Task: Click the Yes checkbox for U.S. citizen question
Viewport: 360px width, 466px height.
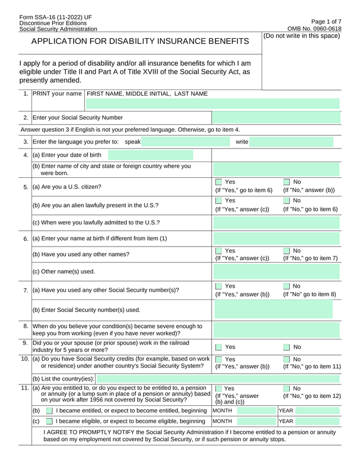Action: pos(219,182)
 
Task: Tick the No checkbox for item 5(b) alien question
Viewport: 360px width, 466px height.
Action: pos(286,201)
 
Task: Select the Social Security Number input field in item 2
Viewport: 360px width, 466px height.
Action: pos(276,118)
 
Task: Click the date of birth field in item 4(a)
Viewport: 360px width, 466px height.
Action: pos(150,155)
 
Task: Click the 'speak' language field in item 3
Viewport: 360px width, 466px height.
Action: pos(186,142)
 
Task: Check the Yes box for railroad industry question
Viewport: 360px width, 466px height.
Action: pos(219,347)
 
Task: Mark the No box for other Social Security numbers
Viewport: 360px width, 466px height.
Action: pos(286,286)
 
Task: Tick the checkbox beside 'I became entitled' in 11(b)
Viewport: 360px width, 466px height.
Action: pos(49,411)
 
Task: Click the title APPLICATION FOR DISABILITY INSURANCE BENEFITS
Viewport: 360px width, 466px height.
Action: pos(139,42)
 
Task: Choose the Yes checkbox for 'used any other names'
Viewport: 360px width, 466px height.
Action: pos(219,250)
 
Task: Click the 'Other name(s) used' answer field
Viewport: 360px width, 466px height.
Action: pos(276,271)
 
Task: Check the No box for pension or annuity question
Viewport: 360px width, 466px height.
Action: pos(286,389)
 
